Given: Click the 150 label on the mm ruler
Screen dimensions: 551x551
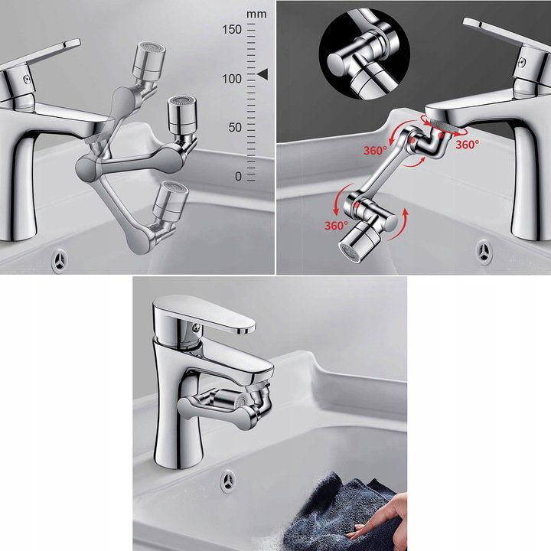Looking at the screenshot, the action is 232,30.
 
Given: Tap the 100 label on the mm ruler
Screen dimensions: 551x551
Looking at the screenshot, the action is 232,79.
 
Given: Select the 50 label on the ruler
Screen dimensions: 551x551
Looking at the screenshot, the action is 235,127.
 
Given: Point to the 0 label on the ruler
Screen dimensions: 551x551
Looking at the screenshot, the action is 238,176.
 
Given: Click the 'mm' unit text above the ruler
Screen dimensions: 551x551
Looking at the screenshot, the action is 256,15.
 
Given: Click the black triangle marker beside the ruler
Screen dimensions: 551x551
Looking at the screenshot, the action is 262,74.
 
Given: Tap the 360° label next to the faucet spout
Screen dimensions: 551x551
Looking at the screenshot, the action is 467,145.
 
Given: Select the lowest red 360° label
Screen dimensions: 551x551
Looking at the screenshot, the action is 336,225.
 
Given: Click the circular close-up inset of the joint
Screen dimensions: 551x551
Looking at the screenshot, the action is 364,54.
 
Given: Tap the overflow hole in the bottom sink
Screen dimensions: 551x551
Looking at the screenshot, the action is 229,480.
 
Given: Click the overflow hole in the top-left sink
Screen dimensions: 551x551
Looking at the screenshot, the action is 60,261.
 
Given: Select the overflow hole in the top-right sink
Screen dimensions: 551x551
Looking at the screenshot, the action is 484,252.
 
